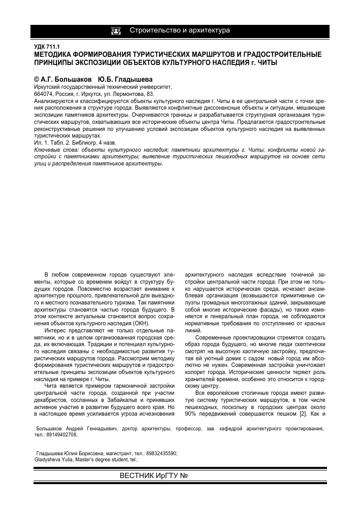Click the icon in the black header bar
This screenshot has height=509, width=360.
pos(116,31)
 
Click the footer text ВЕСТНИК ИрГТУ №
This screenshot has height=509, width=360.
pos(154,476)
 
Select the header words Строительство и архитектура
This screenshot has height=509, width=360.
pos(180,30)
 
